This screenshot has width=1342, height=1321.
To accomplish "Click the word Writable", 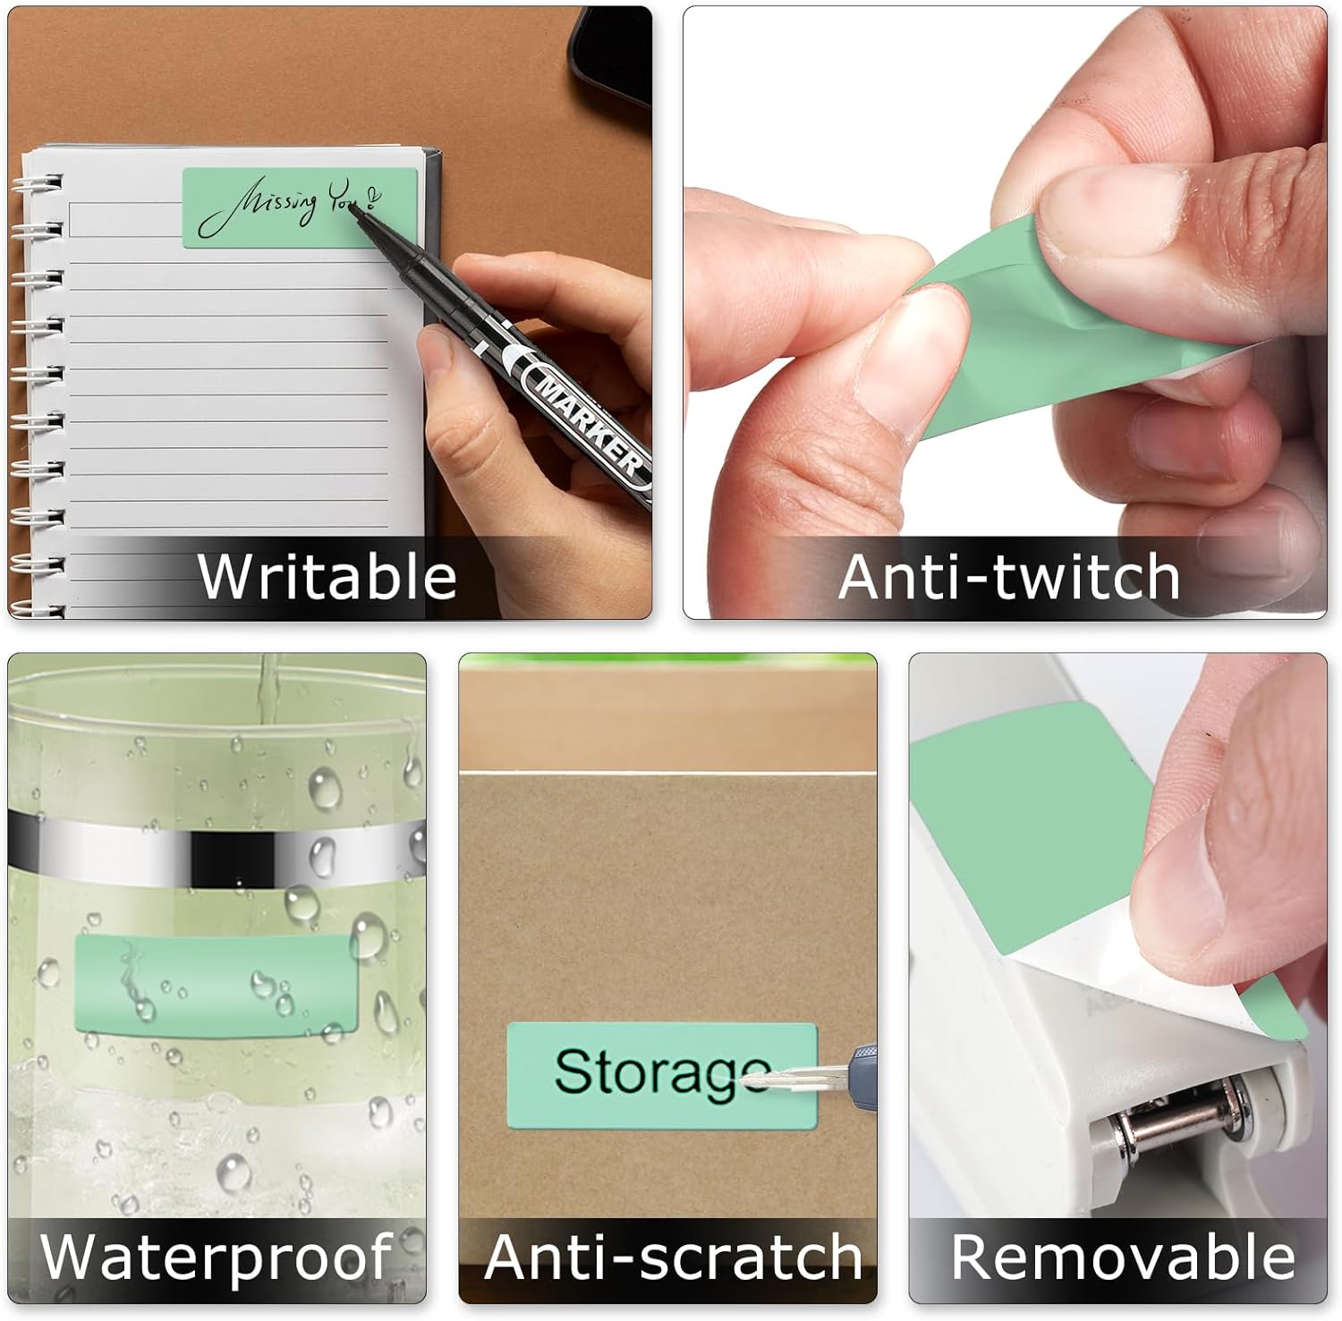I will [327, 576].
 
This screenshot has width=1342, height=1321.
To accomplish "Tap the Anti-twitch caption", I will [1009, 576].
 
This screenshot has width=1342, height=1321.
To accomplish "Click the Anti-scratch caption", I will [673, 1256].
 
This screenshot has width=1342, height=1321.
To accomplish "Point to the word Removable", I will [1123, 1256].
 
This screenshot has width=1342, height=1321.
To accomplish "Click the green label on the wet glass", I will [215, 984].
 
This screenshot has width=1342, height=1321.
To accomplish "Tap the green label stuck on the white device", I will [1011, 823].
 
